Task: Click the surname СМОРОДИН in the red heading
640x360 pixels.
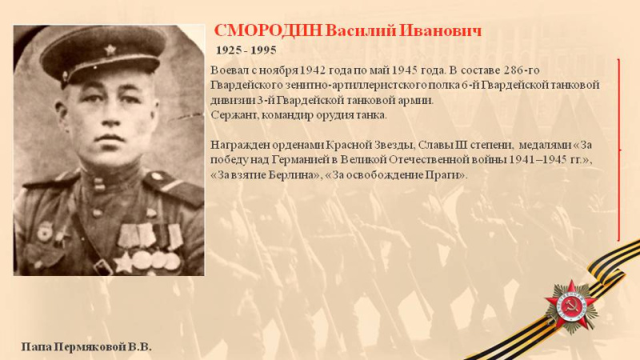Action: click(x=268, y=31)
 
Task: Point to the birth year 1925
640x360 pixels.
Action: click(x=228, y=50)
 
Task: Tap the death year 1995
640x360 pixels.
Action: click(x=264, y=50)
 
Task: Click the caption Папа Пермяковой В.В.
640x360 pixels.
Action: click(x=86, y=347)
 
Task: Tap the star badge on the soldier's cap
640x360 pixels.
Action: click(x=110, y=50)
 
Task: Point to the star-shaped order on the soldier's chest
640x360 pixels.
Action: click(x=123, y=262)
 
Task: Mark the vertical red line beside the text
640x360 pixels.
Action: click(x=619, y=150)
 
